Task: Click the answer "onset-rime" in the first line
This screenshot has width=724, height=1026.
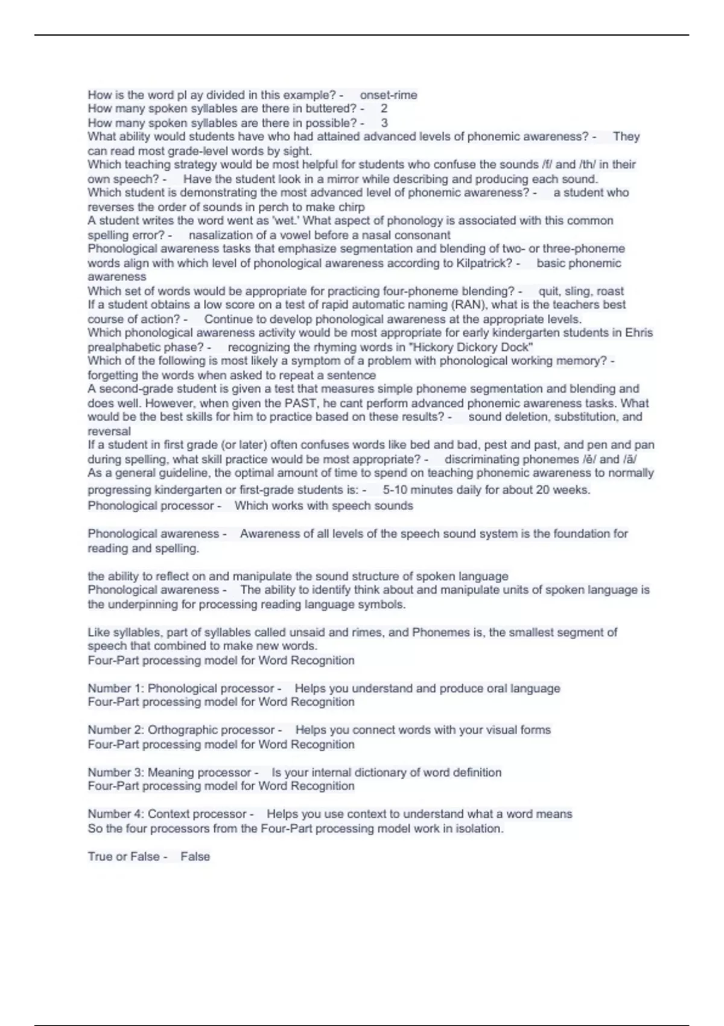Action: [389, 95]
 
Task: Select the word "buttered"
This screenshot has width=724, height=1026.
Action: [331, 109]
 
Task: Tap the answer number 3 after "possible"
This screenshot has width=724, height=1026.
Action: [384, 123]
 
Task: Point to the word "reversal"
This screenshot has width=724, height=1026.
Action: [109, 432]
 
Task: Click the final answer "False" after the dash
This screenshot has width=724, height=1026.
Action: [195, 856]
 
